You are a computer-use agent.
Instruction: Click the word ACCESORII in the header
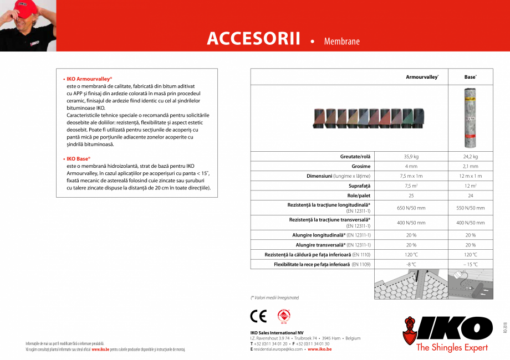pyautogui.click(x=253, y=39)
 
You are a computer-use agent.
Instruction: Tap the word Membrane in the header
pyautogui.click(x=341, y=42)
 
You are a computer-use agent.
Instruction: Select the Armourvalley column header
pyautogui.click(x=422, y=77)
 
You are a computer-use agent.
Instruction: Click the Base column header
pyautogui.click(x=470, y=77)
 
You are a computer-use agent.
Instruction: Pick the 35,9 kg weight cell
pyautogui.click(x=411, y=157)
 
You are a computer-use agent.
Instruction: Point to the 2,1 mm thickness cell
pyautogui.click(x=470, y=166)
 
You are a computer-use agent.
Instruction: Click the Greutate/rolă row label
pyautogui.click(x=355, y=157)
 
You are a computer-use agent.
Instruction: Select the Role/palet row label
pyautogui.click(x=359, y=196)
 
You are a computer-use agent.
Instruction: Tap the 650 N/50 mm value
pyautogui.click(x=411, y=208)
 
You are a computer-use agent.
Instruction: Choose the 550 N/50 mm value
pyautogui.click(x=470, y=208)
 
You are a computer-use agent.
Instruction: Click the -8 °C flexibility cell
pyautogui.click(x=411, y=265)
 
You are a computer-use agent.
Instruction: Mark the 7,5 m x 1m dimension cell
pyautogui.click(x=411, y=176)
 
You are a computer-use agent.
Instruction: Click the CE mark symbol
pyautogui.click(x=258, y=316)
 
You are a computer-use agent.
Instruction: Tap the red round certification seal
pyautogui.click(x=284, y=316)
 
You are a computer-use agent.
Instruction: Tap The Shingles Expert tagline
pyautogui.click(x=452, y=347)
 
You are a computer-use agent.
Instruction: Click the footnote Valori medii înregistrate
pyautogui.click(x=275, y=298)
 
